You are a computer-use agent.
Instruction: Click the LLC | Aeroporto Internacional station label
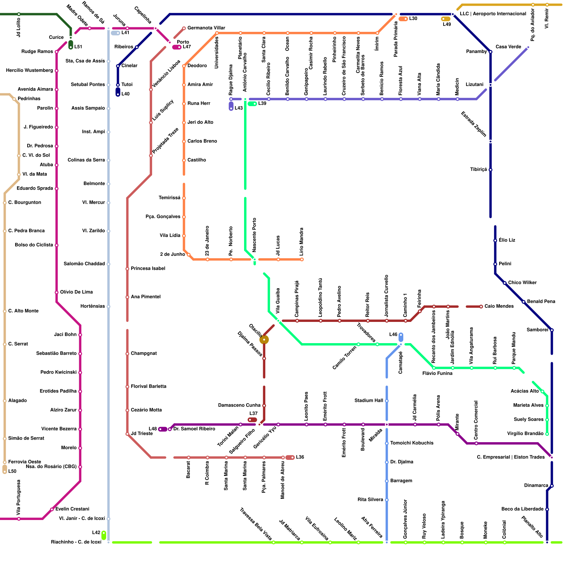click(x=493, y=14)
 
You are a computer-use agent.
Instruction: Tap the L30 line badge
click(x=403, y=19)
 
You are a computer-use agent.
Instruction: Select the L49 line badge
click(x=446, y=19)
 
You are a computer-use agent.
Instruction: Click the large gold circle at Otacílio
click(x=264, y=340)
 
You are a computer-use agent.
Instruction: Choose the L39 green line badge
click(x=252, y=104)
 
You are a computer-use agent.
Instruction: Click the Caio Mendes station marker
click(x=481, y=306)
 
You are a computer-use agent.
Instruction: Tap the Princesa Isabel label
click(x=148, y=268)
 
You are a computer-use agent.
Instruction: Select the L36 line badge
click(x=290, y=457)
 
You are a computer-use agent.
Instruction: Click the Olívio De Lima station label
click(x=76, y=292)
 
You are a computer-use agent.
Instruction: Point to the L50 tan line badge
click(x=5, y=469)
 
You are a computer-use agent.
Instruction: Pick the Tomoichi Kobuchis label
click(x=412, y=443)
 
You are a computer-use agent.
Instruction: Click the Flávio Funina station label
click(x=438, y=374)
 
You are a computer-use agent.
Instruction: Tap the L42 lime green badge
click(x=104, y=535)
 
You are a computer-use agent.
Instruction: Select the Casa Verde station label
click(x=508, y=47)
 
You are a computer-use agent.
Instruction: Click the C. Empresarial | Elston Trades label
click(x=510, y=457)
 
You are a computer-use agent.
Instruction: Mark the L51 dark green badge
click(x=71, y=45)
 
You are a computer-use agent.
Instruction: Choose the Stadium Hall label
click(x=369, y=401)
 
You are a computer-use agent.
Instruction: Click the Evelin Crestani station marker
click(x=52, y=509)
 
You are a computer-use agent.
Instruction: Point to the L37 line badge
click(x=253, y=420)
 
